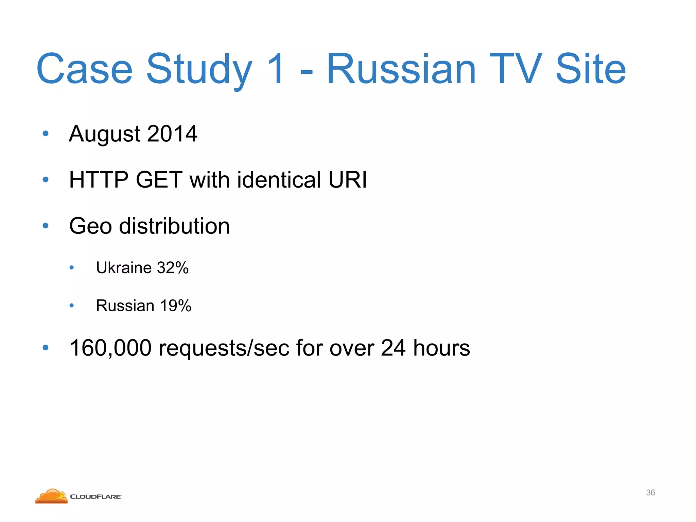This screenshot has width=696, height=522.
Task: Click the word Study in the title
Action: [x=199, y=70]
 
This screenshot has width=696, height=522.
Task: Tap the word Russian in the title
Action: [x=401, y=70]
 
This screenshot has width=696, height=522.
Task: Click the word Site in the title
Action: [x=590, y=70]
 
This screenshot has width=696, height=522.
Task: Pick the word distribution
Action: [x=174, y=226]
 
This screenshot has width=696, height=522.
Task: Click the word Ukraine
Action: [x=124, y=268]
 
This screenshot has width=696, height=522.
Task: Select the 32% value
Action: [x=173, y=268]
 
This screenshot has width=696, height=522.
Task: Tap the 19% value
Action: [x=176, y=306]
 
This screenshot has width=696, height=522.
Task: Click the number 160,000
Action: [x=110, y=348]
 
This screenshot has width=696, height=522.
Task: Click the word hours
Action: [x=441, y=348]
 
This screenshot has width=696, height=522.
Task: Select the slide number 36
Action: [x=650, y=492]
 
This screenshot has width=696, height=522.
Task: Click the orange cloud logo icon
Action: [x=51, y=496]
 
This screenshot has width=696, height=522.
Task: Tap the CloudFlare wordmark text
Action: [x=95, y=497]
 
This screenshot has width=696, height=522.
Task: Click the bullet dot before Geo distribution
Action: [x=46, y=226]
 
